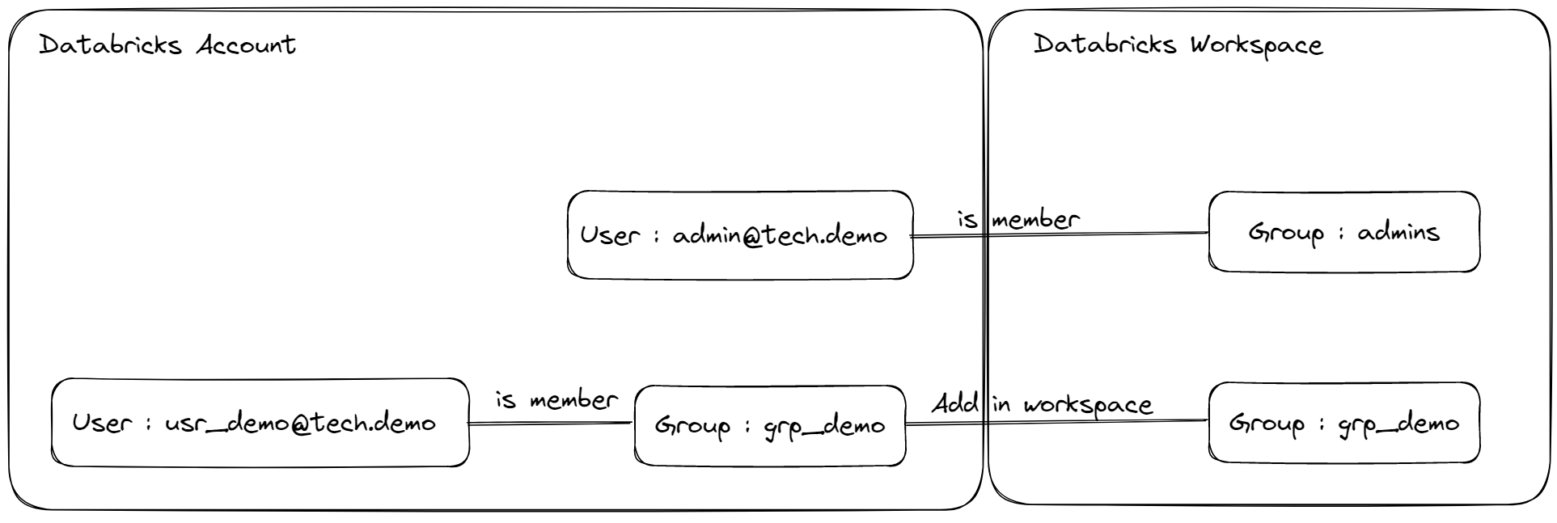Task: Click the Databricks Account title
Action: pos(167,44)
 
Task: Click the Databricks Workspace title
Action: pos(1178,44)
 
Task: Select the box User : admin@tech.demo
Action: pos(740,235)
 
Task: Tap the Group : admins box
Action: pos(1344,232)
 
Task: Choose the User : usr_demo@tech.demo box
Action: pos(260,423)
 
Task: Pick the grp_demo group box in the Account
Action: pos(770,425)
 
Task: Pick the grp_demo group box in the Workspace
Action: pos(1344,423)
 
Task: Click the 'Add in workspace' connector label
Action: pos(1042,403)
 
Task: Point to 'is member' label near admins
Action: pos(1019,219)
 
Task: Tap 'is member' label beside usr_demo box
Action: pos(556,399)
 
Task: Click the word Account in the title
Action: pos(246,44)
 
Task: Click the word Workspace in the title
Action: pos(1256,45)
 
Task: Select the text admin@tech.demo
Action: pos(780,235)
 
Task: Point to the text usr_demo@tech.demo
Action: pos(300,423)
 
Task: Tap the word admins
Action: pos(1398,232)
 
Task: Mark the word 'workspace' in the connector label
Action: pos(1088,405)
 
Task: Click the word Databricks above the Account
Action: pos(111,44)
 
